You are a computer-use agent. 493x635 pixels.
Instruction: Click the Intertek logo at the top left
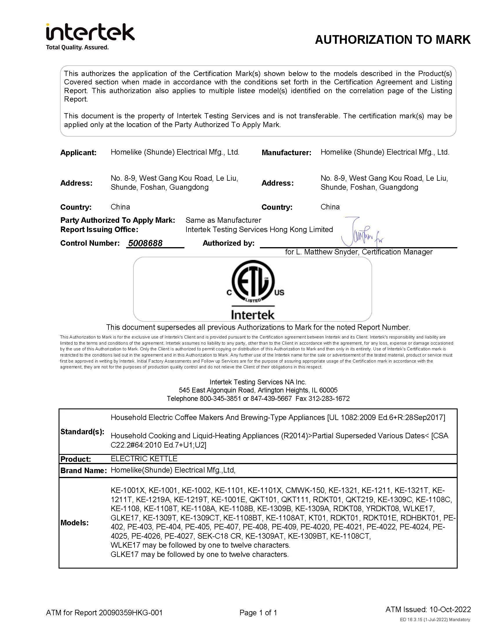click(90, 32)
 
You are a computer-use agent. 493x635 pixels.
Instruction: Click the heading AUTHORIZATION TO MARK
click(392, 40)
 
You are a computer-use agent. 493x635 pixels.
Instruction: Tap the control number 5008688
click(145, 243)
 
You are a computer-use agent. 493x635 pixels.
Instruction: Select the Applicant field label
click(78, 153)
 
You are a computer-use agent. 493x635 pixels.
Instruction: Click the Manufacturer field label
click(286, 153)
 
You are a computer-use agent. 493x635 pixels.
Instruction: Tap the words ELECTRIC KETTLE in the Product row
click(144, 459)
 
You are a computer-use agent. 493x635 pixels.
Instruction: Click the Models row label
click(75, 523)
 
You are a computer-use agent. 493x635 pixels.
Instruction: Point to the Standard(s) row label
click(82, 432)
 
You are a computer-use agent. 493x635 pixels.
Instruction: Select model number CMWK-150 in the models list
click(305, 490)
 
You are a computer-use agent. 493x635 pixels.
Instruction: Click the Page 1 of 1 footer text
click(258, 613)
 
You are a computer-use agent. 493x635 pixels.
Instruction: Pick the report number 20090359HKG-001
click(130, 613)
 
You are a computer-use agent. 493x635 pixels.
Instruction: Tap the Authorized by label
click(228, 243)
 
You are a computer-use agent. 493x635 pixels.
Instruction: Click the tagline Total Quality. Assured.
click(77, 47)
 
